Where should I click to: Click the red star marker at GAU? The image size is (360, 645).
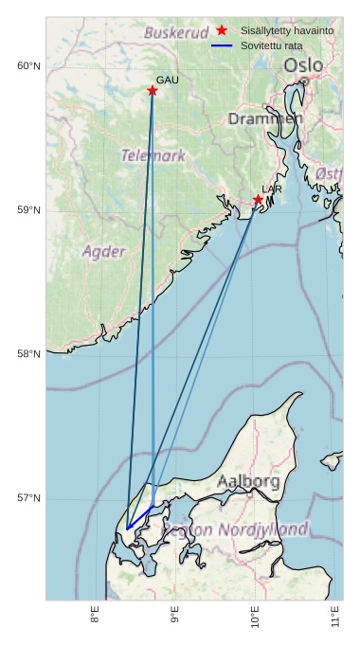[x=152, y=91]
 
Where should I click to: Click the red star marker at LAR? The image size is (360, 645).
[x=258, y=200]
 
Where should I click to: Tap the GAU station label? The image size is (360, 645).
[x=167, y=81]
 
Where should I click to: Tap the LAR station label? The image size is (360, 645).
[x=272, y=189]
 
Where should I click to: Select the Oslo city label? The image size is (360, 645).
[x=303, y=65]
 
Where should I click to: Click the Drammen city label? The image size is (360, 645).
[x=265, y=119]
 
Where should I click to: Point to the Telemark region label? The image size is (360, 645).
[x=153, y=155]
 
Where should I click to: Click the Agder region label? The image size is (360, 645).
[x=103, y=252]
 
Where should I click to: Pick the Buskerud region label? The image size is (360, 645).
[x=175, y=33]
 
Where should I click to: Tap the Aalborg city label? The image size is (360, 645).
[x=248, y=482]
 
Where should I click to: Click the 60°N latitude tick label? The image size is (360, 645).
[x=28, y=65]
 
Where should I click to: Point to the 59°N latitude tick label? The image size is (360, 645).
[x=28, y=210]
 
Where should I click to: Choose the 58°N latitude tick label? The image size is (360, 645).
[x=28, y=354]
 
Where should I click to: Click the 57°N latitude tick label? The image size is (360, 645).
[x=28, y=498]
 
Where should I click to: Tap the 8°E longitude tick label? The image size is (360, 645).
[x=95, y=618]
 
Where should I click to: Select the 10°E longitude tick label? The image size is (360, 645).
[x=256, y=618]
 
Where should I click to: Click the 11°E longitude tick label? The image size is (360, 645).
[x=336, y=618]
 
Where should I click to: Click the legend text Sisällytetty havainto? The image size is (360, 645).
[x=287, y=31]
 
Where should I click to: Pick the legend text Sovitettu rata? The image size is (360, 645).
[x=272, y=45]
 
